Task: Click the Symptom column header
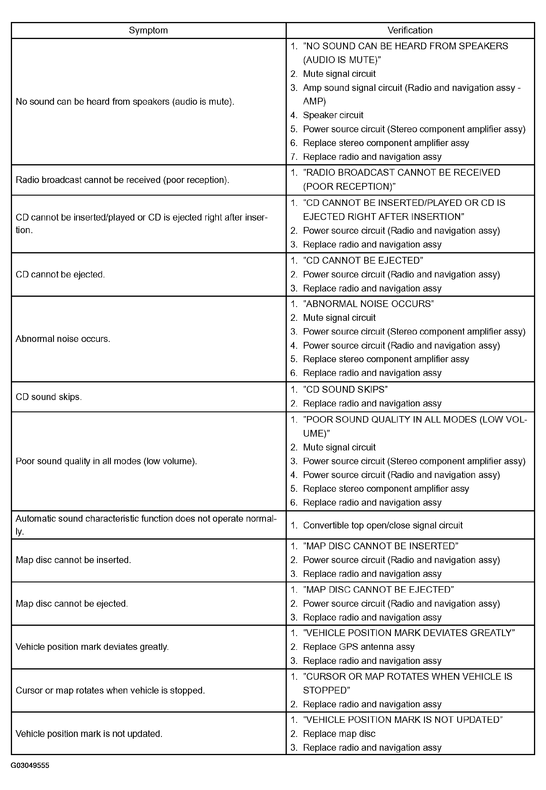pyautogui.click(x=148, y=30)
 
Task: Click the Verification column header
pyautogui.click(x=410, y=30)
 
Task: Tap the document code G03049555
pyautogui.click(x=30, y=765)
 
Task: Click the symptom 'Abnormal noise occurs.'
pyautogui.click(x=63, y=339)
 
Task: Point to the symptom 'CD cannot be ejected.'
pyautogui.click(x=60, y=274)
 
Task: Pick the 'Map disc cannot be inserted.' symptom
pyautogui.click(x=73, y=560)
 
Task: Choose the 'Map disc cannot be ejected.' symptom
pyautogui.click(x=72, y=603)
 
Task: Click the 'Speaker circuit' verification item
pyautogui.click(x=333, y=115)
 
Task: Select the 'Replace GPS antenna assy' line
pyautogui.click(x=359, y=647)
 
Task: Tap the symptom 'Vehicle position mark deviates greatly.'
pyautogui.click(x=92, y=647)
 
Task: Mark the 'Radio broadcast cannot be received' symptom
pyautogui.click(x=122, y=180)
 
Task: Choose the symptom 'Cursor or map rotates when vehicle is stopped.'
pyautogui.click(x=110, y=690)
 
